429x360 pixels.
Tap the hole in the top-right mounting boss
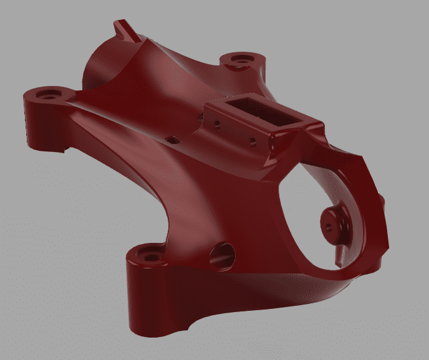click(x=240, y=60)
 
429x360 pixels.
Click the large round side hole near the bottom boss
click(x=223, y=253)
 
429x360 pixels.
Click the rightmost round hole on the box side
click(x=253, y=141)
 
